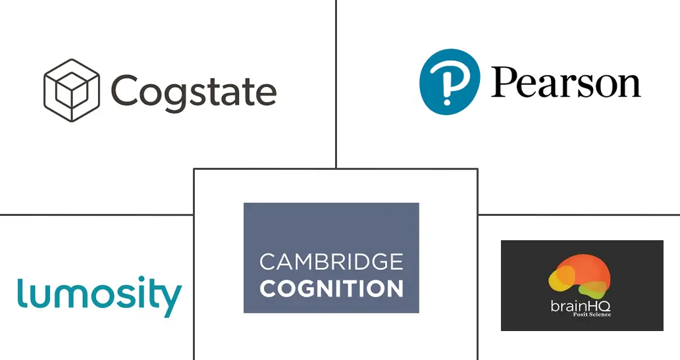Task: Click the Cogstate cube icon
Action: point(71,90)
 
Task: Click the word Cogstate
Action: point(194,91)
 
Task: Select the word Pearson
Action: point(565,84)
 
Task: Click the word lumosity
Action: point(99,296)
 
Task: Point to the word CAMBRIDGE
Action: point(331,262)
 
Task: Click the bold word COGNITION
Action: point(331,288)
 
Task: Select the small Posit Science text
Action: point(592,315)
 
